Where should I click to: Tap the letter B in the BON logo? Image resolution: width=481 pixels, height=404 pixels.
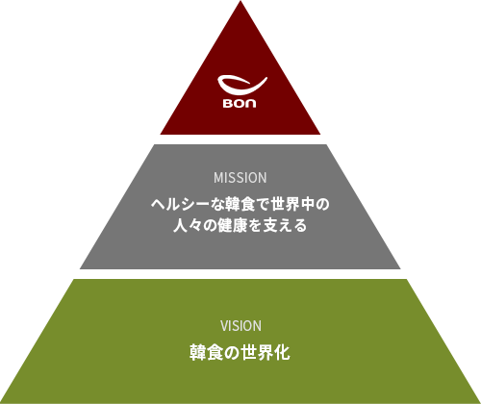[x=228, y=103]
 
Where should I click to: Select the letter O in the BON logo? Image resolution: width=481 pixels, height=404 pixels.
[x=240, y=103]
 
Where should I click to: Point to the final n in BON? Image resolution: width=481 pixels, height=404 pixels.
[x=251, y=103]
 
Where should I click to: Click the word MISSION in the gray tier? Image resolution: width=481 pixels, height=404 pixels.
[x=240, y=178]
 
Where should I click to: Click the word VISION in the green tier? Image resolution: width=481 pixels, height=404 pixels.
[x=240, y=326]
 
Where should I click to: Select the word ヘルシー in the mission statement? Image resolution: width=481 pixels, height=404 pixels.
[x=181, y=204]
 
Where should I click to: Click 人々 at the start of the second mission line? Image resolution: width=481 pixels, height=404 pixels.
[x=188, y=225]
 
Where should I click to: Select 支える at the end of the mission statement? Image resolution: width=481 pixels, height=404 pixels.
[x=285, y=225]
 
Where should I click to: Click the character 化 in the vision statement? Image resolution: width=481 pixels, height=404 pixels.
[x=282, y=352]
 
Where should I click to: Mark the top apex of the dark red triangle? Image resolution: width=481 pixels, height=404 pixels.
[x=240, y=1]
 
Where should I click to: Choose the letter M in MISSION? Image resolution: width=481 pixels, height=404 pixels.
[x=218, y=178]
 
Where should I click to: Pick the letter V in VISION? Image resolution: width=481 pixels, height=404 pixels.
[x=224, y=326]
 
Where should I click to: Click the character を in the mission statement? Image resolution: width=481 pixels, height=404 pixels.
[x=255, y=225]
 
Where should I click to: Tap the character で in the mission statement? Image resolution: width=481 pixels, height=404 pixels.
[x=263, y=204]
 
